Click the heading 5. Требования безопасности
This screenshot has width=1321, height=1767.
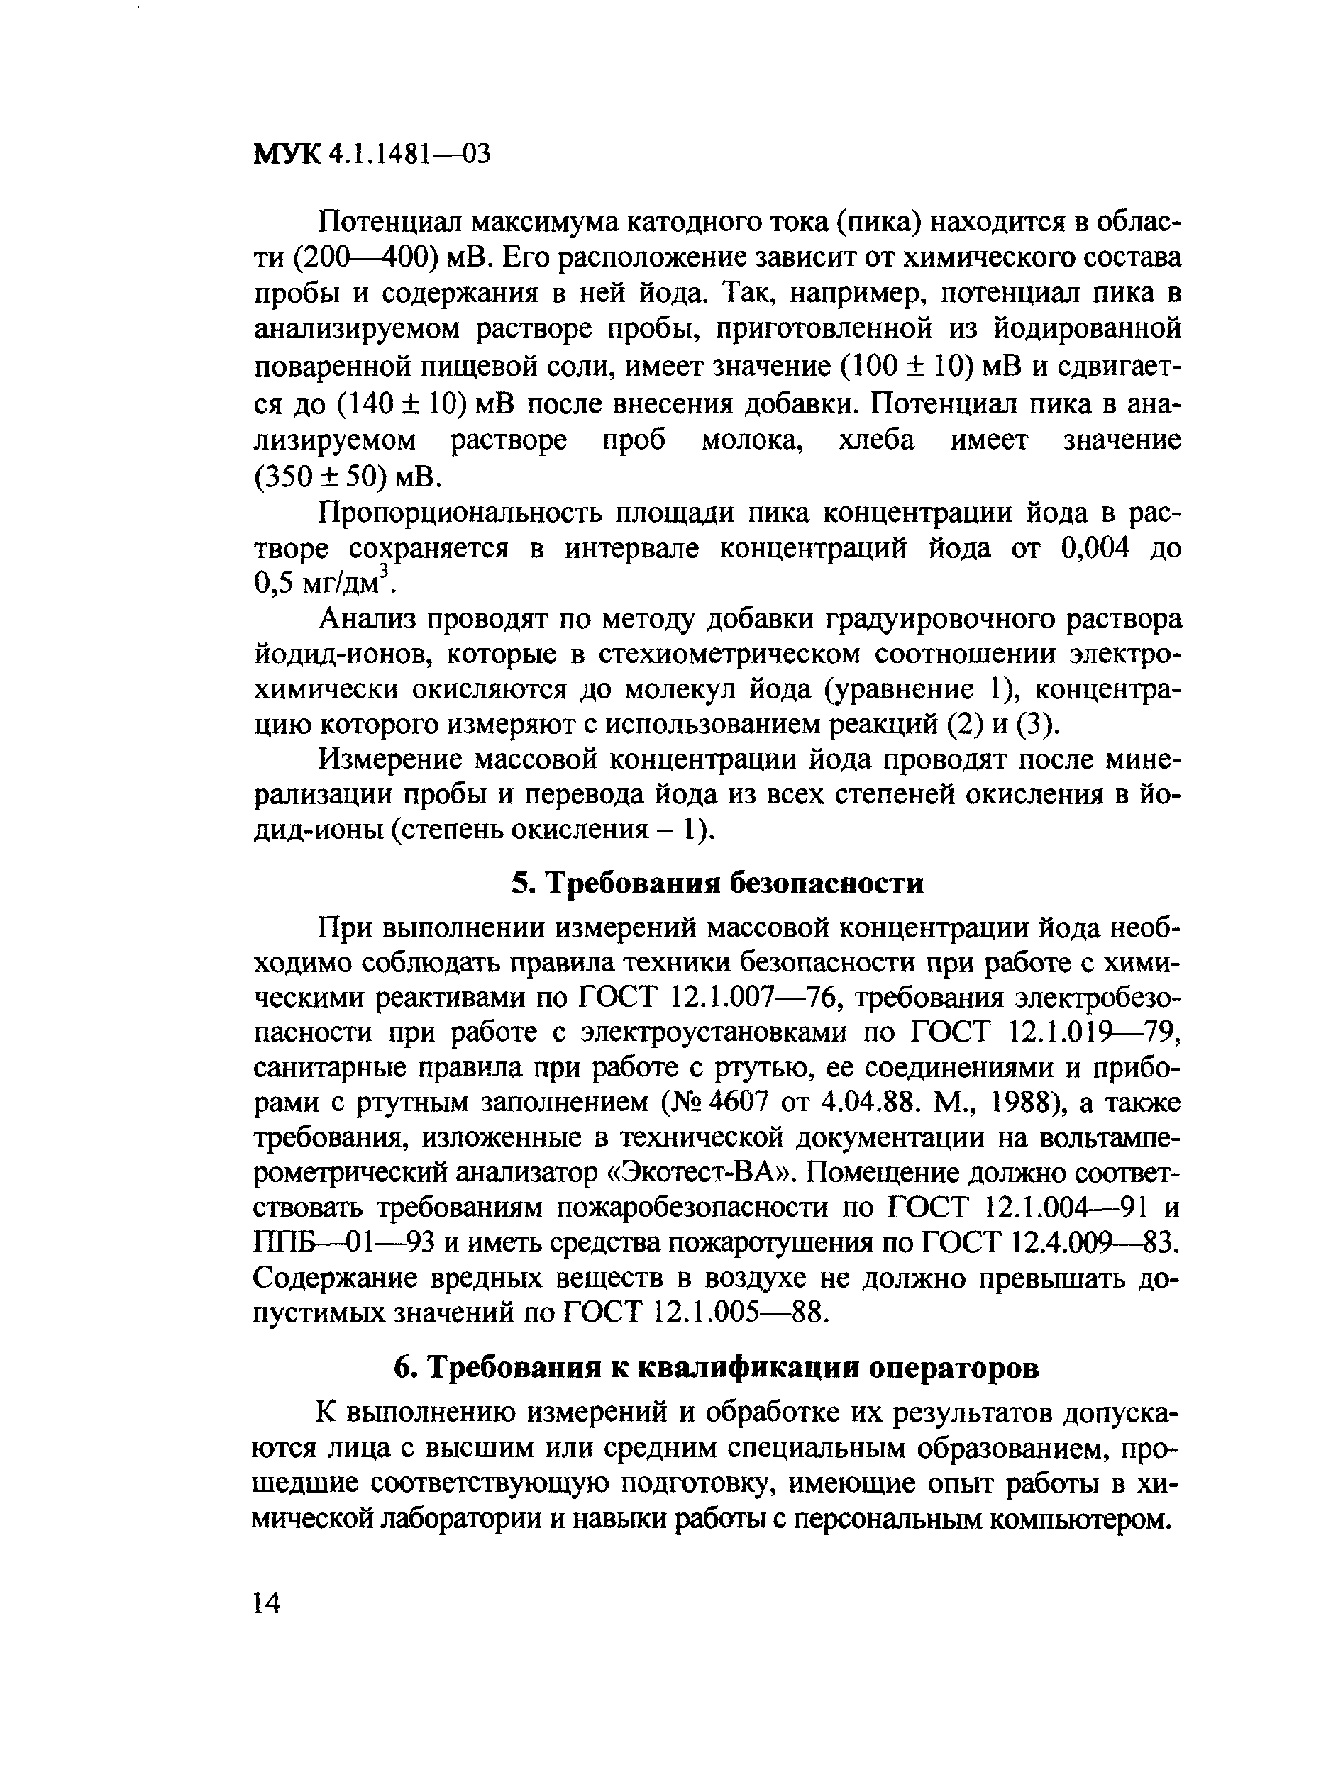tap(717, 883)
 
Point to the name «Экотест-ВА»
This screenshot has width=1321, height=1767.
tap(703, 1174)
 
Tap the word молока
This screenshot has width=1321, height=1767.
tap(752, 440)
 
